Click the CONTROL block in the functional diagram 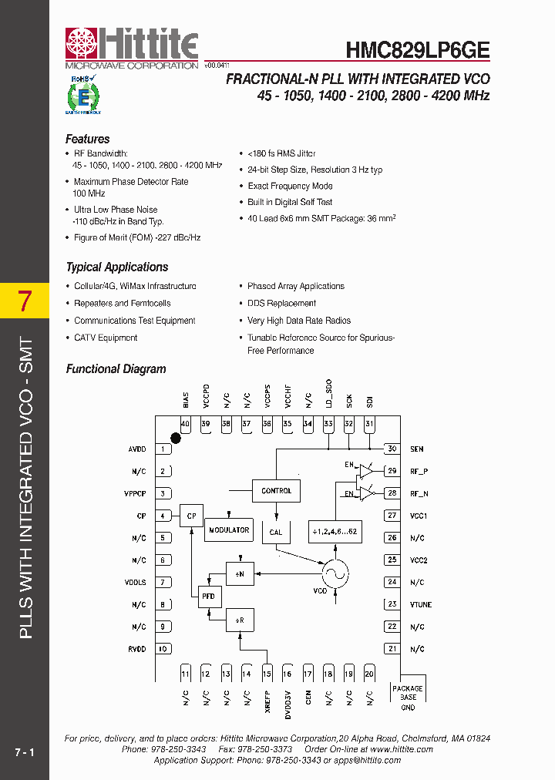tap(276, 491)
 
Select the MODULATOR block tap(229, 530)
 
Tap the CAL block tap(276, 532)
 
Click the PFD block tap(209, 597)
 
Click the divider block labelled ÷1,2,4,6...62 tap(335, 532)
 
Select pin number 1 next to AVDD tap(163, 449)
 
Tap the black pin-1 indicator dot tap(176, 438)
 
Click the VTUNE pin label tap(421, 605)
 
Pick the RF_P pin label tap(418, 471)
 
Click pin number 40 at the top tap(185, 424)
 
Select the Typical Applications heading tap(117, 267)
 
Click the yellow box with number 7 tap(25, 301)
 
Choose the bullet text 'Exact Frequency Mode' tap(291, 186)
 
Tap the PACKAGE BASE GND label tap(408, 698)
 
